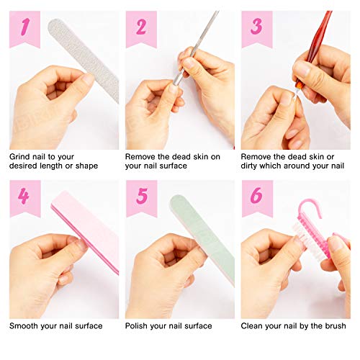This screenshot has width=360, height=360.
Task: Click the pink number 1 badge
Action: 24,27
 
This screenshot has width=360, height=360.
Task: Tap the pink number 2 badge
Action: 140,27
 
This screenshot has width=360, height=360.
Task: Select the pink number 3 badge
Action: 256,27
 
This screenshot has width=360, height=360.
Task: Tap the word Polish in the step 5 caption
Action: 139,325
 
